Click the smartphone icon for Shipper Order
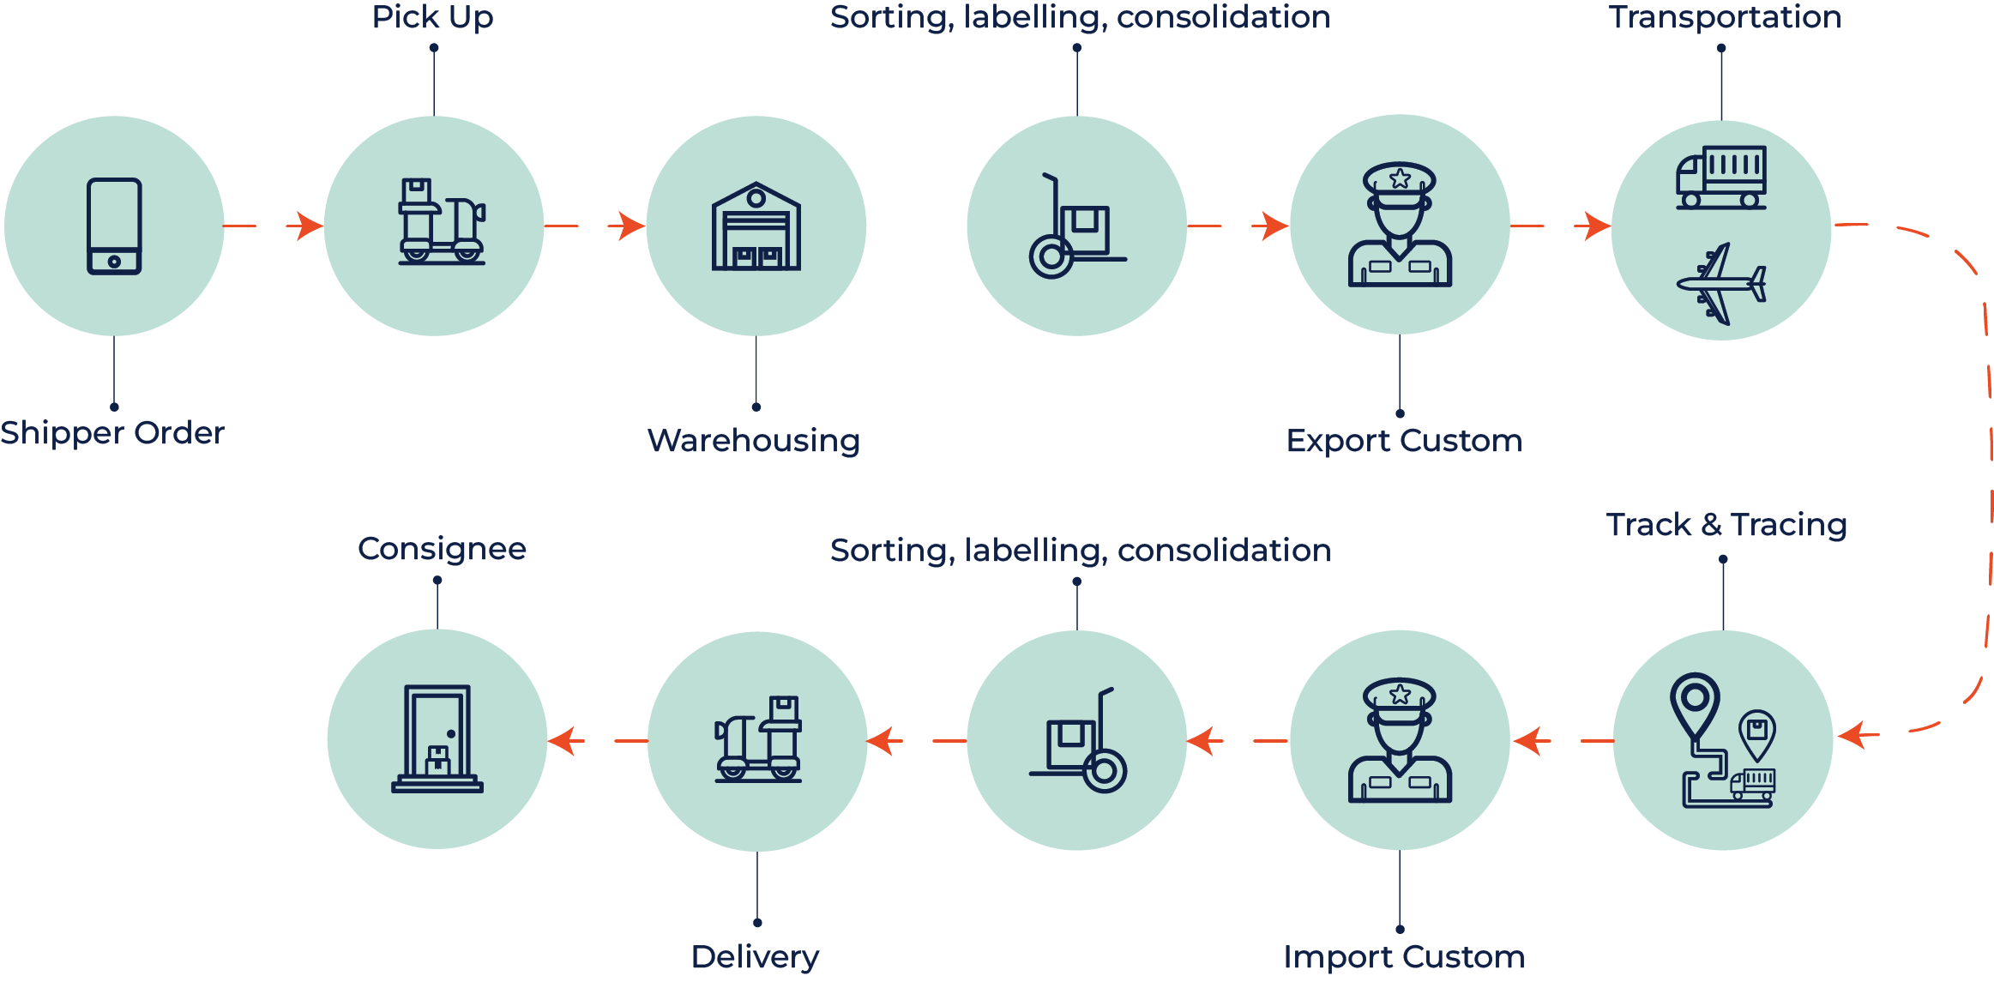[114, 226]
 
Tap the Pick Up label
[433, 17]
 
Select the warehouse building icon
[756, 226]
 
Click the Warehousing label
[754, 441]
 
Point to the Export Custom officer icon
[1400, 225]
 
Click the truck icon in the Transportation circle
[1721, 178]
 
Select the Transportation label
[1725, 17]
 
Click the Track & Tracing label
[1726, 524]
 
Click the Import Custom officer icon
[1400, 741]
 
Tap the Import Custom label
[1404, 957]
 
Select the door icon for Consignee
[437, 738]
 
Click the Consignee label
[442, 549]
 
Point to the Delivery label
[755, 957]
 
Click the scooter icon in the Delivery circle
[758, 739]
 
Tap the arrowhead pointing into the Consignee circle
[563, 741]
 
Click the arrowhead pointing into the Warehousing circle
[630, 226]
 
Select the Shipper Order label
[112, 433]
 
